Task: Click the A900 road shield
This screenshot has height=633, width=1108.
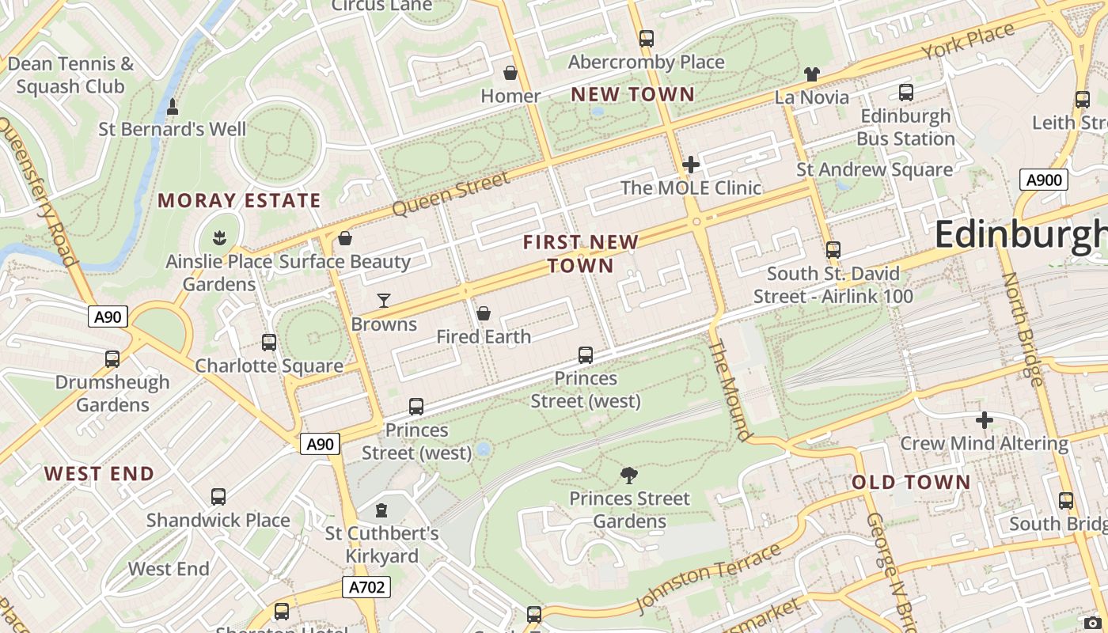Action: click(x=1043, y=180)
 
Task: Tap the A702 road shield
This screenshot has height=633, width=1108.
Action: click(x=367, y=587)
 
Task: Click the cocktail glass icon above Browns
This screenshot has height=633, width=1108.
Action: click(x=384, y=300)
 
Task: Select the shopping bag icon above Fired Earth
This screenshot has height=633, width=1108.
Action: click(x=484, y=313)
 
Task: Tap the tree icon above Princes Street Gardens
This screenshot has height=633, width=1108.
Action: click(x=629, y=475)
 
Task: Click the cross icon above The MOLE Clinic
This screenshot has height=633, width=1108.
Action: click(x=691, y=165)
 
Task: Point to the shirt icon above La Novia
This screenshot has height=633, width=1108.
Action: click(x=811, y=74)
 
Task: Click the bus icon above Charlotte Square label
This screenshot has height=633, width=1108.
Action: click(x=269, y=343)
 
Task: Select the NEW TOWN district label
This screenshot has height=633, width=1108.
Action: click(x=632, y=94)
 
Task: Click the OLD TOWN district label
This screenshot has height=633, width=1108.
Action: click(x=911, y=482)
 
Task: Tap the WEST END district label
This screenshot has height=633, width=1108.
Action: click(x=99, y=474)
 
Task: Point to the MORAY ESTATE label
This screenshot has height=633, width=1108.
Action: click(x=239, y=200)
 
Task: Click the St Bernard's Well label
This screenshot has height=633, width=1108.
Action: click(x=172, y=129)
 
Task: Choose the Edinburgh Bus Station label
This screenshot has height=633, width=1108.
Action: click(x=905, y=127)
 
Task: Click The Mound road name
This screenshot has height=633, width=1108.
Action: click(x=729, y=389)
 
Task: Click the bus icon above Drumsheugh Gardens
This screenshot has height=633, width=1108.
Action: click(x=112, y=359)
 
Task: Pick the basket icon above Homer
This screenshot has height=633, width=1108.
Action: click(x=510, y=73)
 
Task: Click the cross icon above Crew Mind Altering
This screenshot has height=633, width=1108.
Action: click(x=984, y=420)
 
